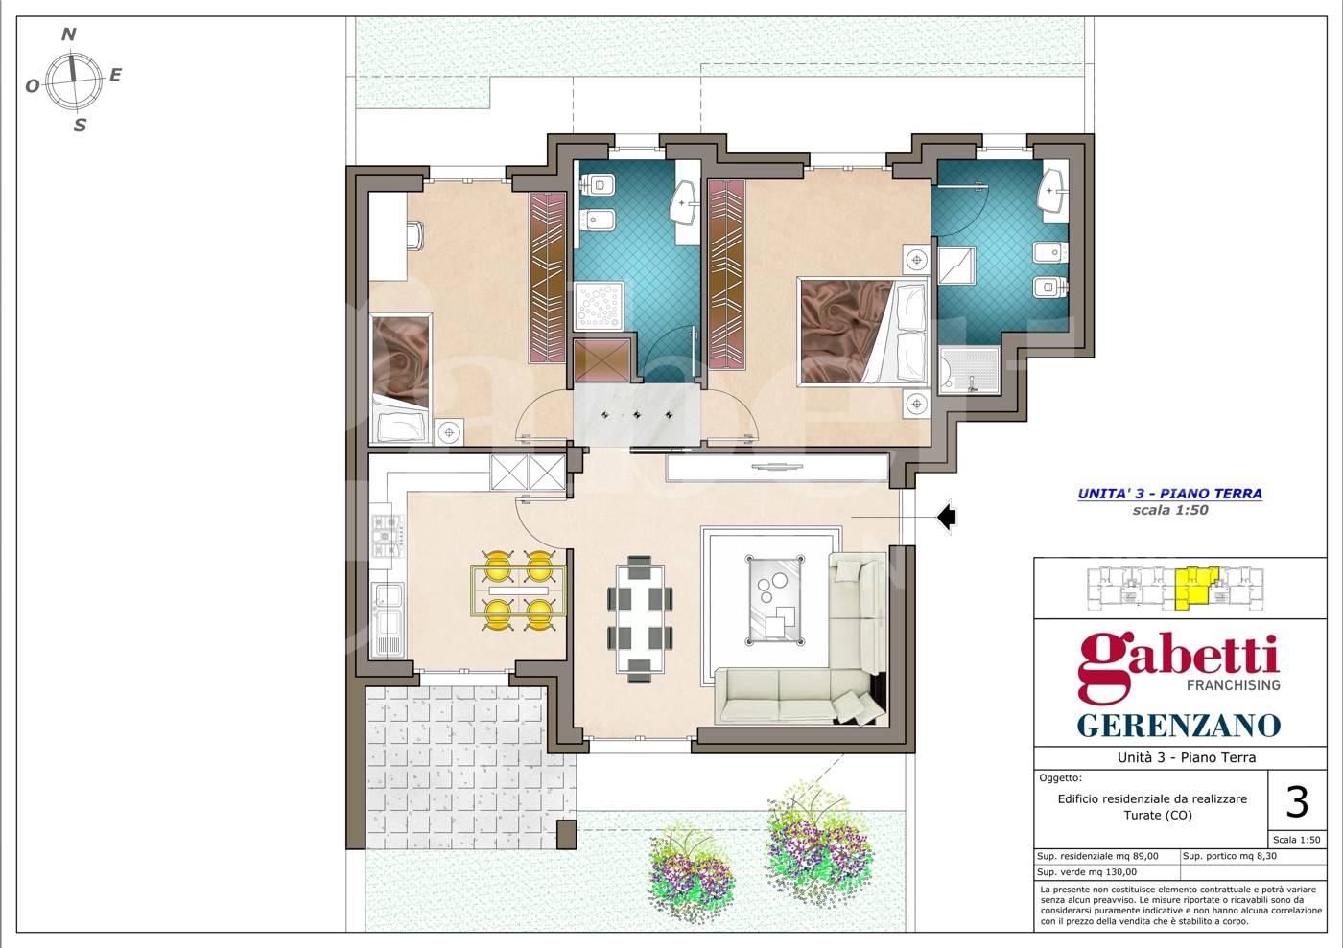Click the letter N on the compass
pyautogui.click(x=69, y=35)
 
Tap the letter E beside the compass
pyautogui.click(x=115, y=75)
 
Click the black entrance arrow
pyautogui.click(x=946, y=516)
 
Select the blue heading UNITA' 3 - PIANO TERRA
pyautogui.click(x=1169, y=494)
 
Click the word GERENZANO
pyautogui.click(x=1179, y=725)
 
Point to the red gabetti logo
pyautogui.click(x=1178, y=666)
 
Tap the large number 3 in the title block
pyautogui.click(x=1297, y=801)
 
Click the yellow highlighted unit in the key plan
pyautogui.click(x=1196, y=588)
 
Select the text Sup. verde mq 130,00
pyautogui.click(x=1086, y=872)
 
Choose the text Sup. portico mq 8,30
pyautogui.click(x=1230, y=856)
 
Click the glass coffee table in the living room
pyautogui.click(x=775, y=600)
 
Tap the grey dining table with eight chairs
pyautogui.click(x=640, y=618)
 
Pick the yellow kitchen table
pyautogui.click(x=519, y=590)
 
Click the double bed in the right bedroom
pyautogui.click(x=862, y=332)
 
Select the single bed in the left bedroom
pyautogui.click(x=400, y=379)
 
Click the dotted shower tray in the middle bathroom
pyautogui.click(x=599, y=306)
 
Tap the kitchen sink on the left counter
pyautogui.click(x=388, y=620)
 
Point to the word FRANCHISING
pyautogui.click(x=1234, y=685)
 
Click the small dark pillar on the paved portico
pyautogui.click(x=566, y=835)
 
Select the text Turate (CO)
pyautogui.click(x=1157, y=815)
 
